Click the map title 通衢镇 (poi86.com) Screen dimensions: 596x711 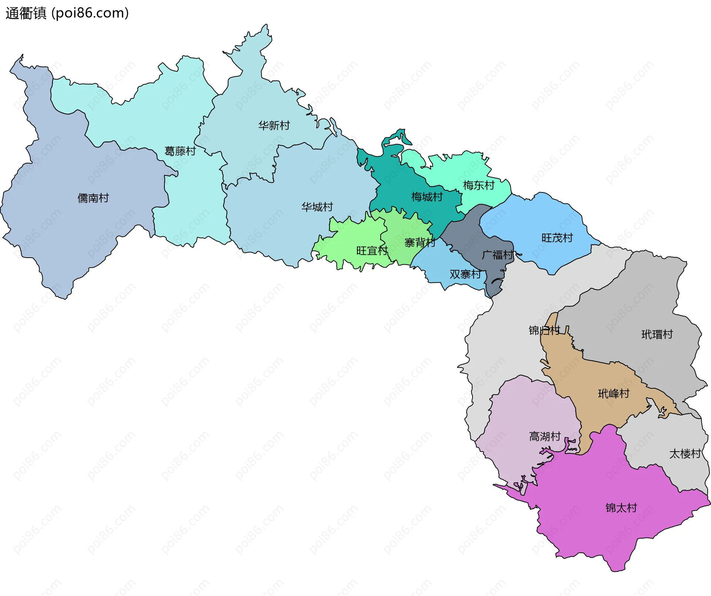67,13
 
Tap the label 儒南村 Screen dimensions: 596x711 93,198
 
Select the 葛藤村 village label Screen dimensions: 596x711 180,151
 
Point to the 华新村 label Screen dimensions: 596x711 274,125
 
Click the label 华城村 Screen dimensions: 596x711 317,207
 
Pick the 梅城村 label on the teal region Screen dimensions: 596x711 427,197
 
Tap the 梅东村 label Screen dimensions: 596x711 478,185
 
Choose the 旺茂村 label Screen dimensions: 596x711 557,238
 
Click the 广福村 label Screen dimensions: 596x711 498,255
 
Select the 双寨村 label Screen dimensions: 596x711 465,274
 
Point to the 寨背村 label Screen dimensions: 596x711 420,243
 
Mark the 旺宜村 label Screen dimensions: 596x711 372,251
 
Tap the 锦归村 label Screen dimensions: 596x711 544,330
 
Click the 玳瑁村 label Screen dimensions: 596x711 657,334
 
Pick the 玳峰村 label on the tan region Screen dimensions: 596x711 614,394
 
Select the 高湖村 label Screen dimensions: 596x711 545,436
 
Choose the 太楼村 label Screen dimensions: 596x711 685,454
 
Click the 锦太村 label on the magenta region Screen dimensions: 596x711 621,508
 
